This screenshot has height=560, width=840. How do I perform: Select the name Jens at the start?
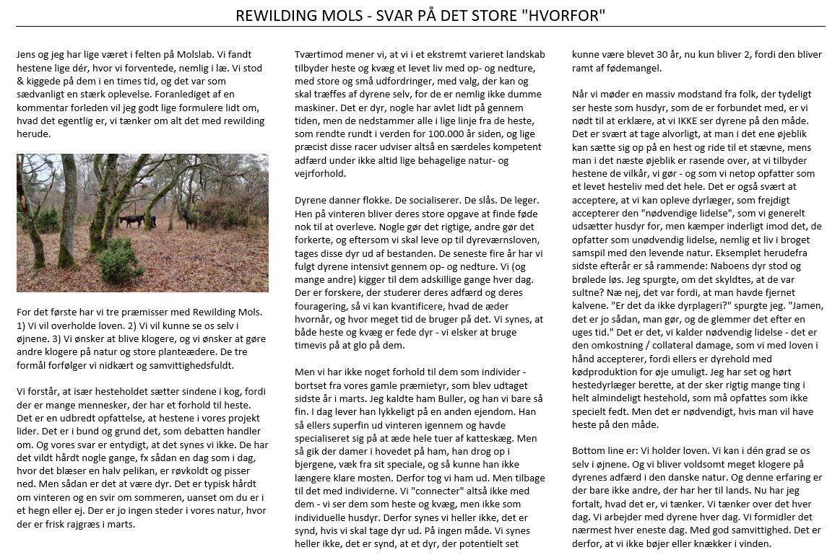tap(27, 54)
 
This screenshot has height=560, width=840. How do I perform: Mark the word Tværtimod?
tap(320, 54)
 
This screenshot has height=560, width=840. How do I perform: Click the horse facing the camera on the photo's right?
tap(189, 216)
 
